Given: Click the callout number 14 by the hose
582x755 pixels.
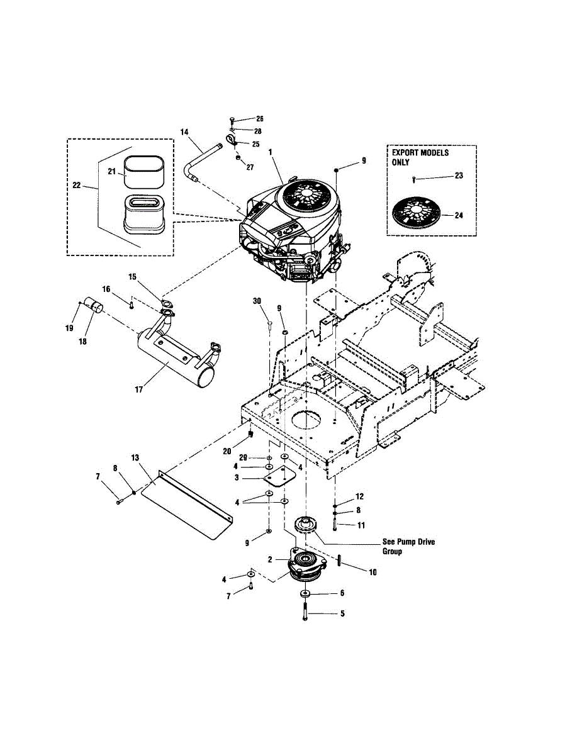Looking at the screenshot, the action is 184,132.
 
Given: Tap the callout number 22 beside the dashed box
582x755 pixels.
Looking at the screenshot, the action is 76,185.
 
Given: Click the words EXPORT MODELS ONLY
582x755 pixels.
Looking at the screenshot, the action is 420,157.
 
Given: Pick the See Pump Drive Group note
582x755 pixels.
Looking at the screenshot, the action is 408,547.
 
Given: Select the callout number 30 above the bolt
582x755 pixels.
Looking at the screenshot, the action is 257,301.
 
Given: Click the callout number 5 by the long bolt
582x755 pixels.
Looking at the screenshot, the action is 342,613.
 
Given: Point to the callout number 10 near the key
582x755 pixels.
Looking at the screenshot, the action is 372,572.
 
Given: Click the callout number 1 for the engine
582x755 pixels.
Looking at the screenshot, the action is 270,152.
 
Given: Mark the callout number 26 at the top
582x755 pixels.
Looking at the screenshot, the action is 260,119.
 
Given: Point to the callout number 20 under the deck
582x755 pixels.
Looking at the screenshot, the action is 227,451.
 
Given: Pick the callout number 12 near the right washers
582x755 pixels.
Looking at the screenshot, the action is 359,496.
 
